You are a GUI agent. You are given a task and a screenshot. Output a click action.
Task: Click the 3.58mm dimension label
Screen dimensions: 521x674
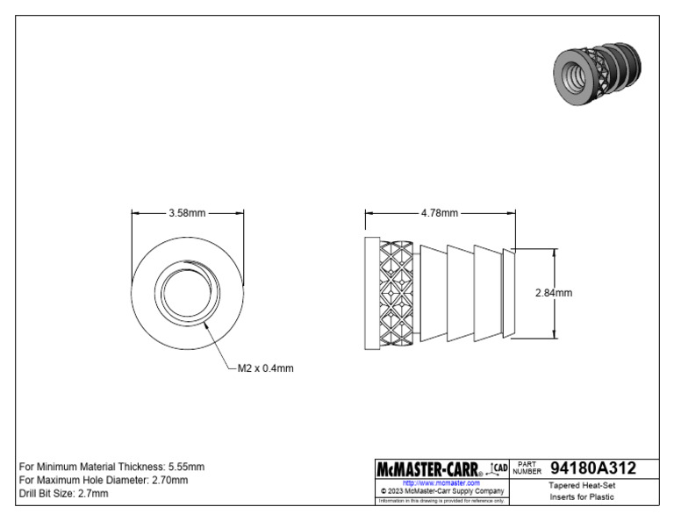187,212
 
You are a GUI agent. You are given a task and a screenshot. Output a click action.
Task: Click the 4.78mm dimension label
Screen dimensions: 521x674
439,212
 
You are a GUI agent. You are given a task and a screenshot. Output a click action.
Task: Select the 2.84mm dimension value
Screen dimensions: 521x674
553,293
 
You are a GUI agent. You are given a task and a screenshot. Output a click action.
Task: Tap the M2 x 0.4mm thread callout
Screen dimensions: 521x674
265,368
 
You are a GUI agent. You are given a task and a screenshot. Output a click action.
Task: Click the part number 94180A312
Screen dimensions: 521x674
592,469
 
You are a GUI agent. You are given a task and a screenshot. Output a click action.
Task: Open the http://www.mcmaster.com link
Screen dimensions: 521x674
441,483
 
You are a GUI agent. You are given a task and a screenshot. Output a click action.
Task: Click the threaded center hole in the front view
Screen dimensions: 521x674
187,292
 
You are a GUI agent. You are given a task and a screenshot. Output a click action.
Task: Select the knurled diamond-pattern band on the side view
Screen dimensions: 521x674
397,293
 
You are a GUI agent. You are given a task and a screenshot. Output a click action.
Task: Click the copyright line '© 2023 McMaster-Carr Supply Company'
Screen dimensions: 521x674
441,491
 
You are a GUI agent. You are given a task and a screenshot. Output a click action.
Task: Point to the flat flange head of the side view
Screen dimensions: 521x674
371,293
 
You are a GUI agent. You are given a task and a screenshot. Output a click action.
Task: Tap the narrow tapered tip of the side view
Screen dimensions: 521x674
507,293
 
